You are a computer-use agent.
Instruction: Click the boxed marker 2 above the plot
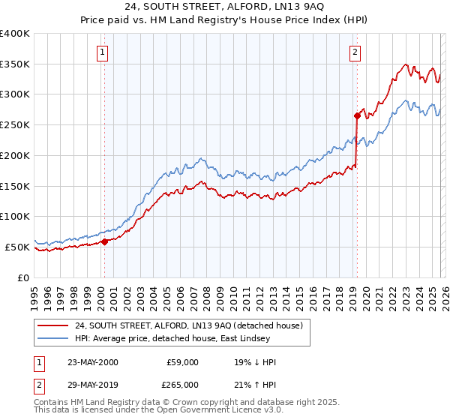(354, 52)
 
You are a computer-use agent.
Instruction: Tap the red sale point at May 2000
(104, 241)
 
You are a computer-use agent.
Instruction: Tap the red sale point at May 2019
(357, 115)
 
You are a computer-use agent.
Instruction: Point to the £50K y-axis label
(17, 247)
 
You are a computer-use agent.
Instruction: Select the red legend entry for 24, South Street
(188, 325)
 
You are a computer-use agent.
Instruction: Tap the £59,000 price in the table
(183, 362)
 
